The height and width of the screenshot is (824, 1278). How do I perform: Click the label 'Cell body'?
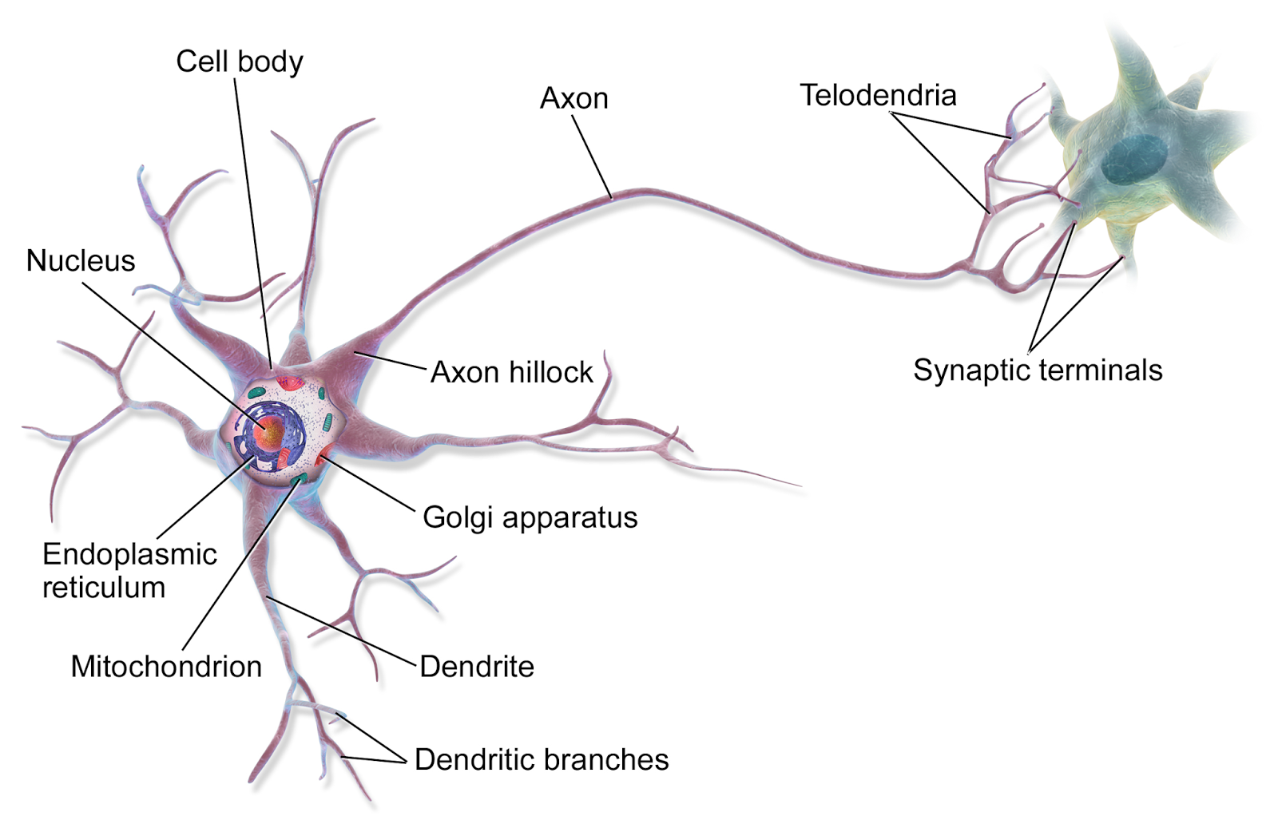pos(240,61)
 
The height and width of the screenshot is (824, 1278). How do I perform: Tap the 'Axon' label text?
pos(574,99)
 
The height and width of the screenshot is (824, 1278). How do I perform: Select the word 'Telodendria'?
pos(878,95)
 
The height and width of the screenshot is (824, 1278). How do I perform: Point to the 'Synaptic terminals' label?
pos(1038,370)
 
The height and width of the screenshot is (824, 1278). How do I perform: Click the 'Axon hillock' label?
pos(512,372)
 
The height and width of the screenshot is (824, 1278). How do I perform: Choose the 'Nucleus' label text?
pos(81,261)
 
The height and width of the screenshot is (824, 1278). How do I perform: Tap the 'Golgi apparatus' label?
pos(530,518)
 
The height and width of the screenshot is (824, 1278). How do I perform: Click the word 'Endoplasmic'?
pos(129,554)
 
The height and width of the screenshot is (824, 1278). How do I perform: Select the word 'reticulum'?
pos(104,588)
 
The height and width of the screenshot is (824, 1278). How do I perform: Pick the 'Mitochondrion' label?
pos(166,667)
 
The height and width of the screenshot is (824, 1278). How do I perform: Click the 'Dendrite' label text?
pos(477,667)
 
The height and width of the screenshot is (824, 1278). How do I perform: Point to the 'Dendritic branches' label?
pos(542,759)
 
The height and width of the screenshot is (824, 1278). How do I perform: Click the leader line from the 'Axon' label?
pos(592,156)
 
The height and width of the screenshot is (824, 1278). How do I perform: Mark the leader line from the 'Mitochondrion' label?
pos(240,564)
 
